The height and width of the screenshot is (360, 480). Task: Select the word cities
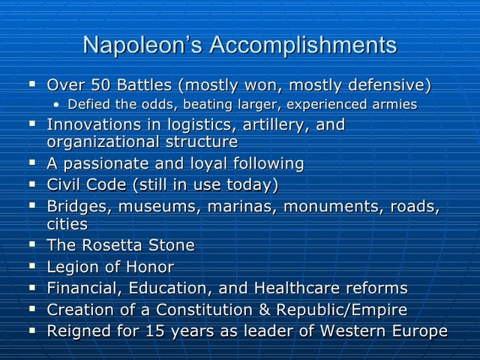tap(67, 223)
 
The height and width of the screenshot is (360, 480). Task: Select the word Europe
tap(417, 331)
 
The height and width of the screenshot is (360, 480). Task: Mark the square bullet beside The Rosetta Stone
tap(33, 244)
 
